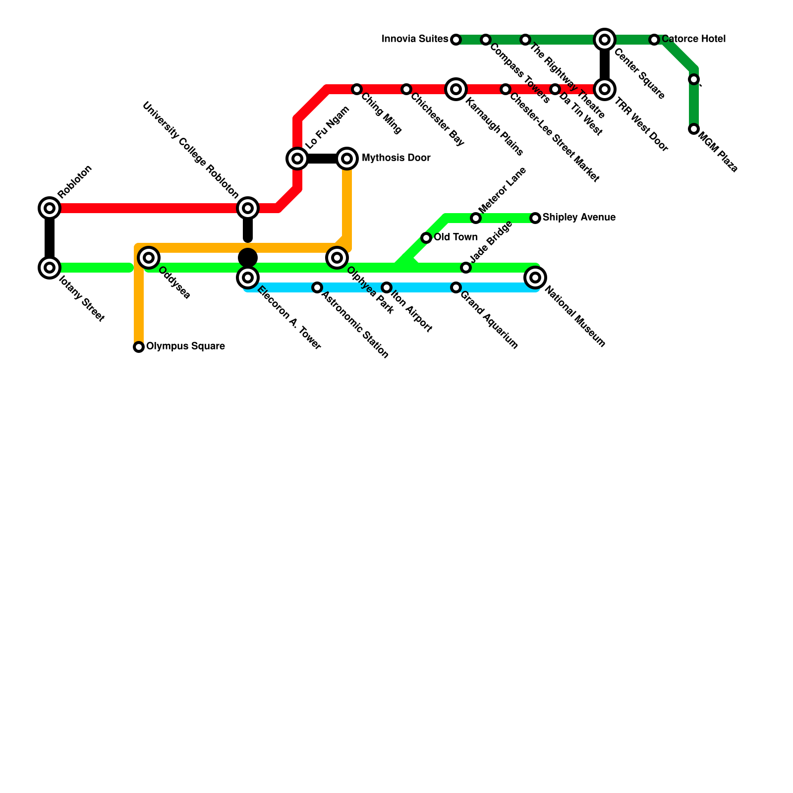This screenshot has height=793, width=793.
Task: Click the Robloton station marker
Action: click(50, 208)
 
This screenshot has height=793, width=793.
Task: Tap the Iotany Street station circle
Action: click(50, 268)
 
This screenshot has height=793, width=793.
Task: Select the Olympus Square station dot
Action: click(139, 347)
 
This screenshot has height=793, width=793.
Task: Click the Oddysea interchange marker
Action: click(149, 258)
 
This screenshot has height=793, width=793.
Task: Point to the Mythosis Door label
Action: click(396, 158)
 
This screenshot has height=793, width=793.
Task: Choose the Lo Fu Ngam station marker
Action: click(297, 159)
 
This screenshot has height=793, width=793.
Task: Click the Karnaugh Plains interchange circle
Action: click(456, 89)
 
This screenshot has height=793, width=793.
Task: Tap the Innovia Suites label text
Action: click(415, 39)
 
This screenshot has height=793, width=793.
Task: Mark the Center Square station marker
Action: click(605, 40)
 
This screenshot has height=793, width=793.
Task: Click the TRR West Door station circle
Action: click(605, 89)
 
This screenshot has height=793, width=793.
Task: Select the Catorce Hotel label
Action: click(693, 39)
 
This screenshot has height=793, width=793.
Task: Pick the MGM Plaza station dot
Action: click(694, 129)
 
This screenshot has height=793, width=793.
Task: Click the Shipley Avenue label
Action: click(579, 218)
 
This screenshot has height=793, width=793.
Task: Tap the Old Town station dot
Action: click(426, 238)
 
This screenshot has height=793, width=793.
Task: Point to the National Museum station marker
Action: click(535, 278)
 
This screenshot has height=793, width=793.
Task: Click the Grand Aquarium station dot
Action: click(456, 287)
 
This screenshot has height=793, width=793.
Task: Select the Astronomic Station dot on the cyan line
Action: click(317, 287)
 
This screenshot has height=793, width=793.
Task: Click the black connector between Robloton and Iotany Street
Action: click(50, 238)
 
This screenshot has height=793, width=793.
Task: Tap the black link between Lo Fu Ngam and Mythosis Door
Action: click(322, 159)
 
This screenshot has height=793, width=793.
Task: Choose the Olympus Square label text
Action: click(185, 346)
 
